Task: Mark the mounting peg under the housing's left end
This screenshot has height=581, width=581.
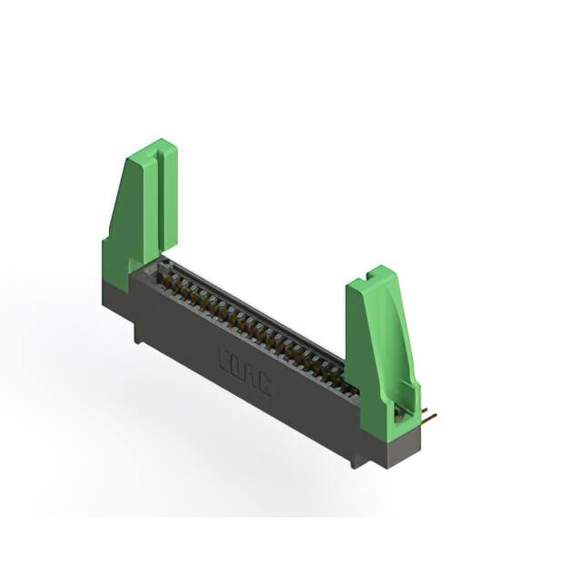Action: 139,335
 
